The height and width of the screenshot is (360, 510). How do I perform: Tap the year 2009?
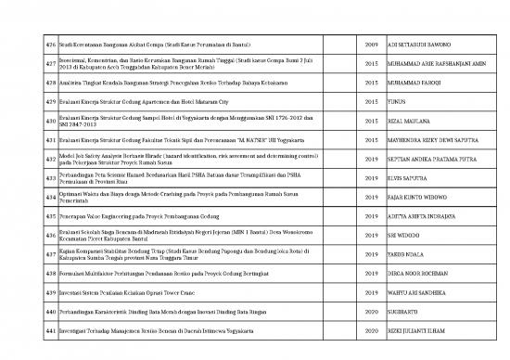point(372,45)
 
